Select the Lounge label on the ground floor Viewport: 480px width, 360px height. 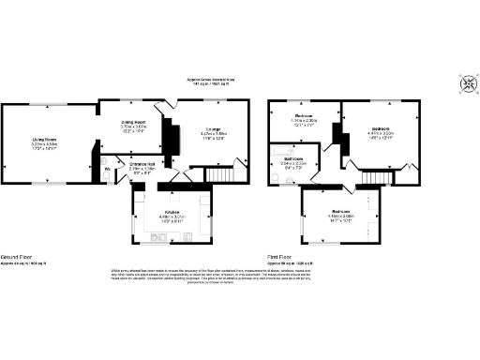(x=215, y=129)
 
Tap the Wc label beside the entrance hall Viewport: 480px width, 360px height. (x=107, y=169)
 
